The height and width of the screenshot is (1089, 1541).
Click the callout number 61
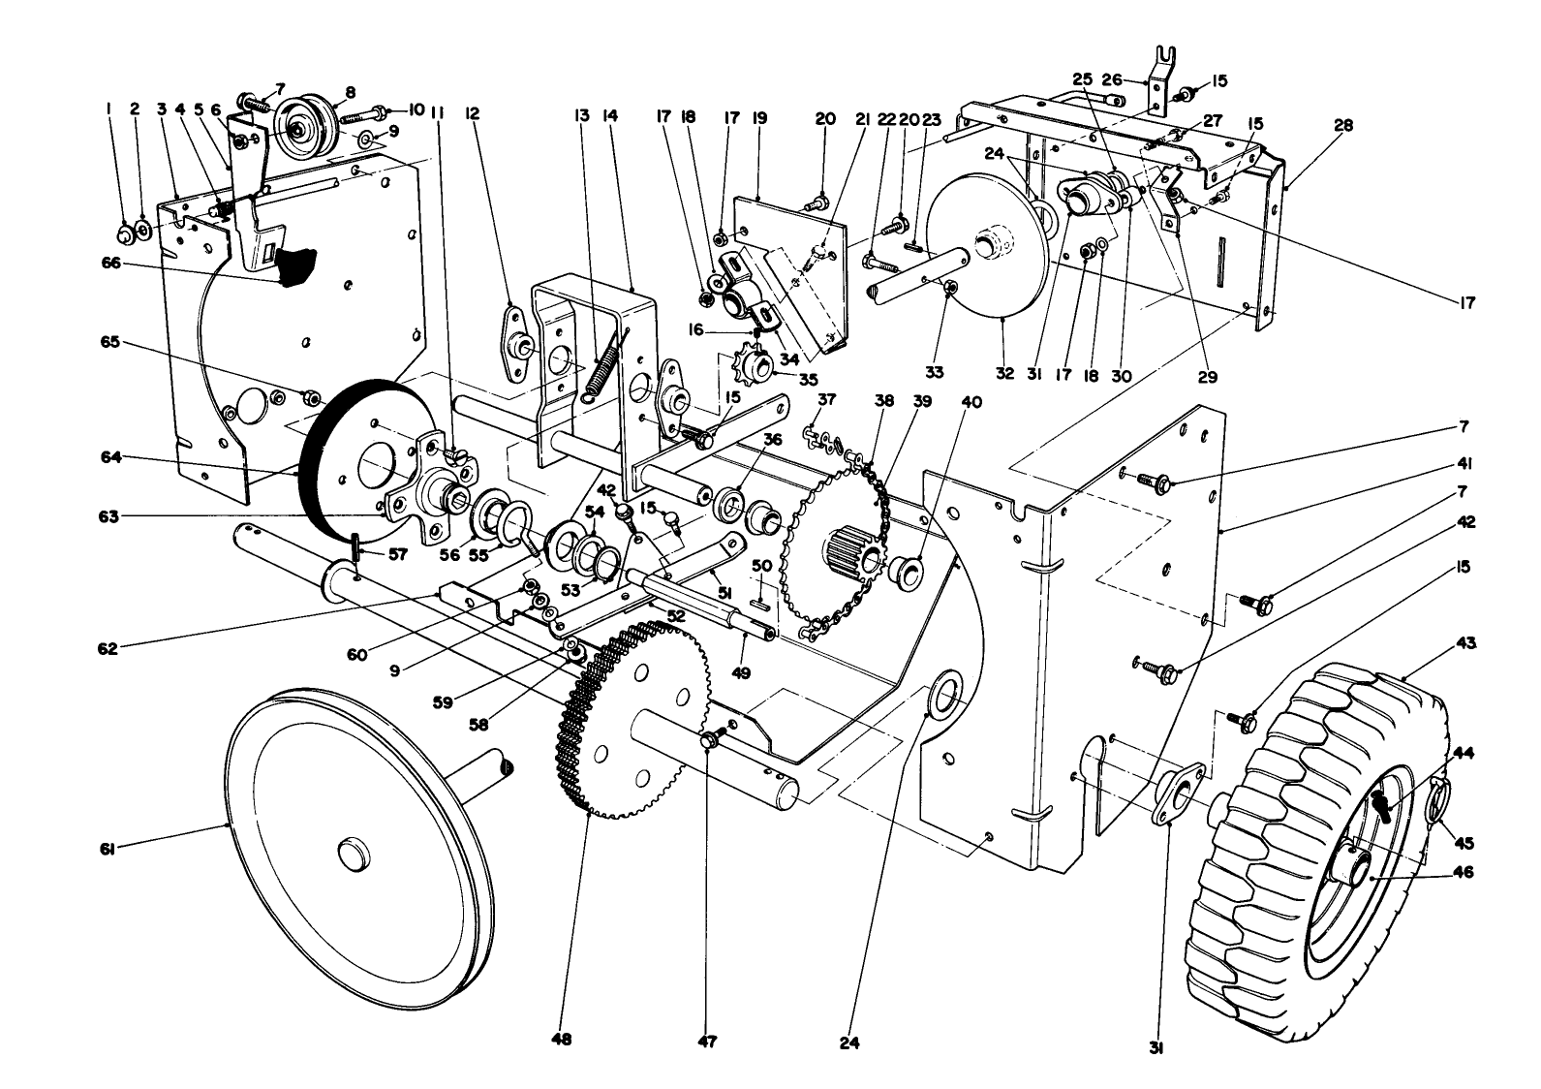107,850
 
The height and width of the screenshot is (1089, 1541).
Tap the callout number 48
562,1039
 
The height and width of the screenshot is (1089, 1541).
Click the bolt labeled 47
709,741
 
